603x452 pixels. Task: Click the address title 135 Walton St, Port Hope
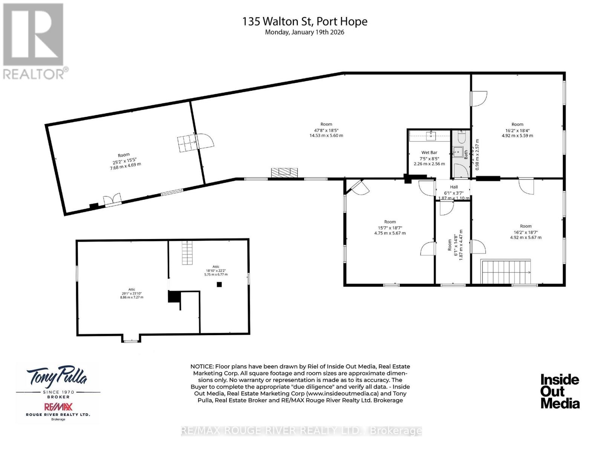(x=305, y=21)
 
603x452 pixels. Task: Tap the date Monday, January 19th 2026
(x=305, y=32)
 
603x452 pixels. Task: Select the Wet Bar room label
(x=429, y=153)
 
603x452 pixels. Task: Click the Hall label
(x=454, y=187)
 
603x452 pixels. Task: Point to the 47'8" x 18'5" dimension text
(x=326, y=130)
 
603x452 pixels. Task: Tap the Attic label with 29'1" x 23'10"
(x=131, y=290)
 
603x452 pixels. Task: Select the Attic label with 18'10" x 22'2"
(x=216, y=267)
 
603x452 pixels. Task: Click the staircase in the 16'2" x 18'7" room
(x=506, y=271)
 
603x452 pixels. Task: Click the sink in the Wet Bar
(x=430, y=134)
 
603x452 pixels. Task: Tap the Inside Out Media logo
(x=560, y=391)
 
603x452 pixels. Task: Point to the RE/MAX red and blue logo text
(x=58, y=407)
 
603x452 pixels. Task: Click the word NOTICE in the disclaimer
(x=202, y=366)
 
